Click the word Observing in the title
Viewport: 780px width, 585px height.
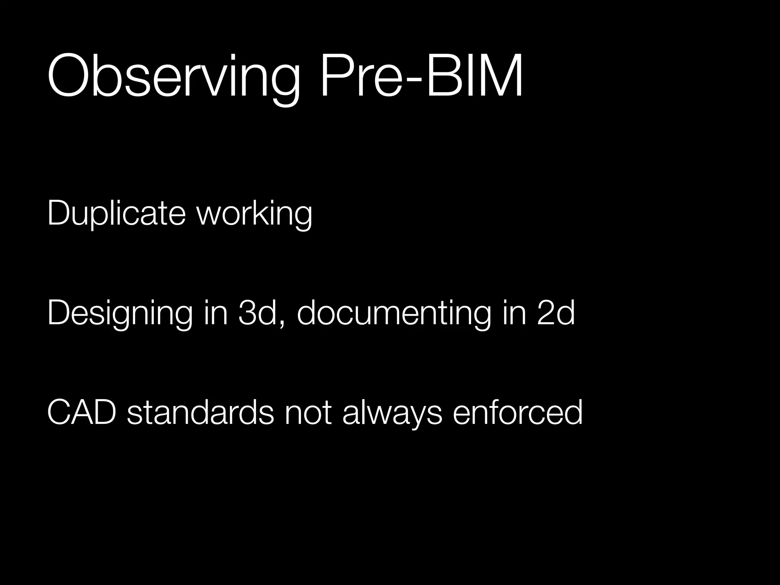(173, 76)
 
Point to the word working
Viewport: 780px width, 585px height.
(254, 214)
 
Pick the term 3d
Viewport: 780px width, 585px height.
(257, 313)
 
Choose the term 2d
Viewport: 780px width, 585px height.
(556, 313)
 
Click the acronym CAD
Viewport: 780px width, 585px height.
(82, 412)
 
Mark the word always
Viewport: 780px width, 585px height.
(392, 413)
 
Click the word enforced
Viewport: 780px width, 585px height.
(518, 412)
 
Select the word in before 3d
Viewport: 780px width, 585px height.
(216, 313)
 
